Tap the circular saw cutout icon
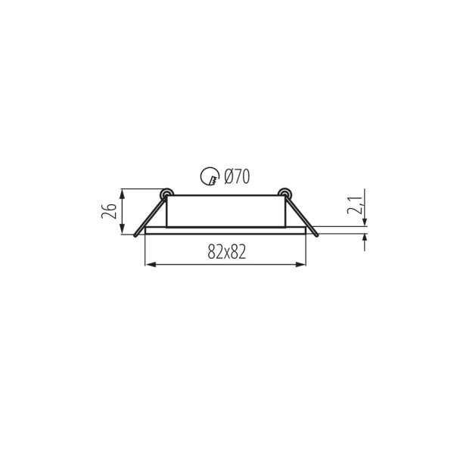[209, 178]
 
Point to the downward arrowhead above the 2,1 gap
[365, 221]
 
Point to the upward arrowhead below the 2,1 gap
[365, 238]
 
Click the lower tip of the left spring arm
[135, 235]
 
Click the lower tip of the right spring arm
[316, 235]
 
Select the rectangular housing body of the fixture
[225, 211]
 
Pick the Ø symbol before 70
[229, 178]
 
